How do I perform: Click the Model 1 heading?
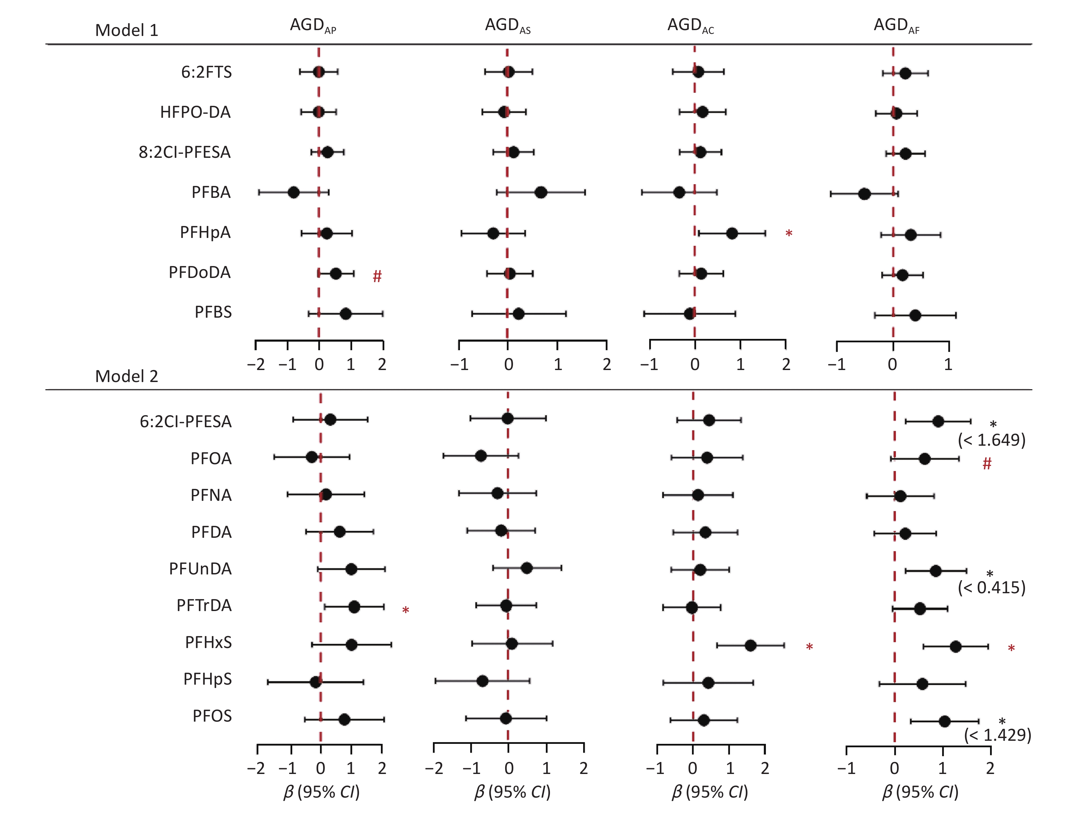(x=126, y=30)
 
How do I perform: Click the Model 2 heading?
(x=126, y=376)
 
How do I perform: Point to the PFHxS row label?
(x=208, y=643)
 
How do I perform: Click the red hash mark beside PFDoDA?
(x=377, y=276)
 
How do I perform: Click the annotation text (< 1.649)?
(x=991, y=440)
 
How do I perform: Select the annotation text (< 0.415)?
(x=991, y=588)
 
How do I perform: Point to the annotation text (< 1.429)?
(x=997, y=735)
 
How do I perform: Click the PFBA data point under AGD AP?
(x=293, y=192)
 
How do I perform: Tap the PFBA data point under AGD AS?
(x=540, y=192)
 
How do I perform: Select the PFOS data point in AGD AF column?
(x=945, y=721)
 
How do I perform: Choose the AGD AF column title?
(x=896, y=25)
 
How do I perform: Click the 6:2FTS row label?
(x=206, y=73)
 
